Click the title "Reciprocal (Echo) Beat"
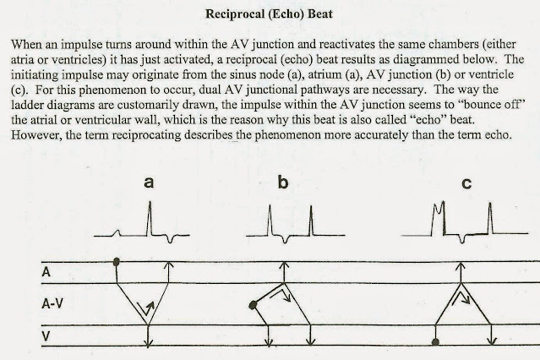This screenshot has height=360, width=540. pos(269,15)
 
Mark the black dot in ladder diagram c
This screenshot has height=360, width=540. pos(435,341)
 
